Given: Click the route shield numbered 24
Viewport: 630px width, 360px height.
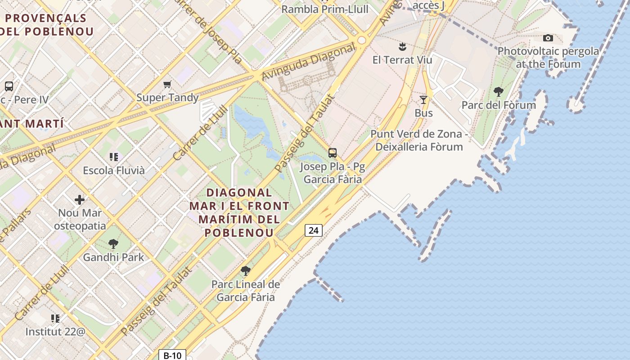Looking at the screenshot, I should click(314, 230).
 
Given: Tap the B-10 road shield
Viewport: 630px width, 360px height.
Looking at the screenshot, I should click(172, 355).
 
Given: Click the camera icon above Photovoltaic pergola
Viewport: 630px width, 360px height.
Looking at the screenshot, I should click(548, 38).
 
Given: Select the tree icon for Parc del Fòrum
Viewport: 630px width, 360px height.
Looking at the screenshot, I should click(498, 92).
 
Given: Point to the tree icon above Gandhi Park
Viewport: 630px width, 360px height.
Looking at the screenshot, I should click(113, 244).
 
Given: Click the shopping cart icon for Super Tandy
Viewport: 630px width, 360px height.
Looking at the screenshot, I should click(167, 84).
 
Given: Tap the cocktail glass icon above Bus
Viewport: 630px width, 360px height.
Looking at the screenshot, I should click(423, 99).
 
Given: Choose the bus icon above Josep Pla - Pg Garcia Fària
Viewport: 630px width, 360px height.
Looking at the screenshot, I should click(333, 153).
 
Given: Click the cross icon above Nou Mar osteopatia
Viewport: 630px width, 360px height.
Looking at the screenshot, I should click(80, 199).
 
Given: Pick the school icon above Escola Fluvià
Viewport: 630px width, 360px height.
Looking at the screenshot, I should click(113, 157).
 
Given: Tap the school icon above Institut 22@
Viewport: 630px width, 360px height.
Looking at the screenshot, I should click(55, 319).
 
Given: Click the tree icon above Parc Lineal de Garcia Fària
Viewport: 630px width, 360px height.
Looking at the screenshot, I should click(245, 270).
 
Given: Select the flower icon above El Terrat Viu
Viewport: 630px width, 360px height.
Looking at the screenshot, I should click(402, 46).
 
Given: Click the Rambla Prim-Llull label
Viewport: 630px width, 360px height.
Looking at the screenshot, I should click(324, 9).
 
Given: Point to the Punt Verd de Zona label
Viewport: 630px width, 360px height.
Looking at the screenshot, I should click(419, 134).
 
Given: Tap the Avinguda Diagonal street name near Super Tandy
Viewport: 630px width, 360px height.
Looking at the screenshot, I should click(308, 63).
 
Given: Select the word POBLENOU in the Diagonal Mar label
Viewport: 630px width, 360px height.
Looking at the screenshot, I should click(239, 233).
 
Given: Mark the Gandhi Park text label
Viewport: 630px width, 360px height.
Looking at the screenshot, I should click(113, 257).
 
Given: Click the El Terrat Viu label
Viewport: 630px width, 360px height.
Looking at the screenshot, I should click(402, 60).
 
